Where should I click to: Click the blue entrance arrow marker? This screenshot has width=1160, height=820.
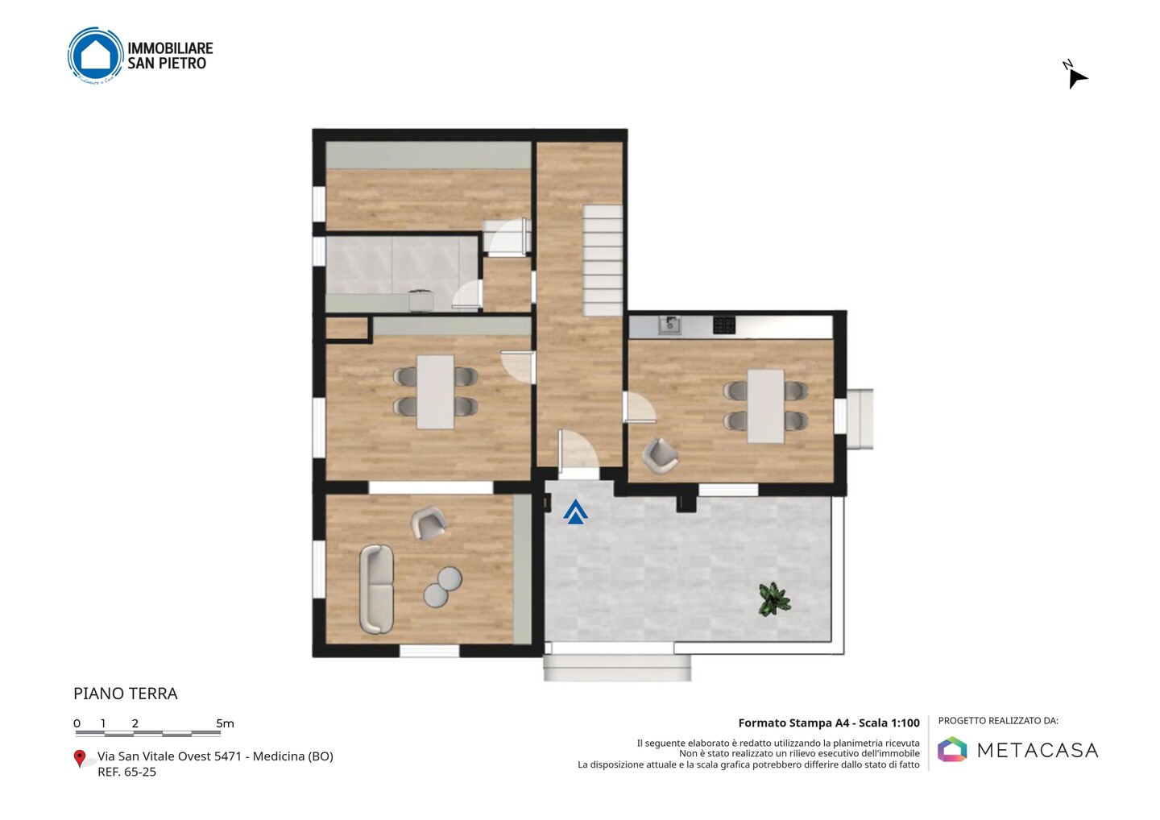575,512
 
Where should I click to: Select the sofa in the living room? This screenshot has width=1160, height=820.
376,589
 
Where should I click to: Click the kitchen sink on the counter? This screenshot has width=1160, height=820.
669,325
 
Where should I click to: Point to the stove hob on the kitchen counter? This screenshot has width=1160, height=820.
723,325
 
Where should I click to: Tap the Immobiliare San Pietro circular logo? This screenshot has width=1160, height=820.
96,56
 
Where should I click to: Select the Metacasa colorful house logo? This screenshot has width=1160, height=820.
952,749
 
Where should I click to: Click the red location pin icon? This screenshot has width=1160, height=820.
79,759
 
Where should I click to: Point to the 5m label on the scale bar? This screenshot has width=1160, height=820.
225,723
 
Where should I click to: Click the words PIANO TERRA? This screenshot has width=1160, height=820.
126,694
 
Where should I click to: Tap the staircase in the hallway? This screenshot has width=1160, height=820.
603,260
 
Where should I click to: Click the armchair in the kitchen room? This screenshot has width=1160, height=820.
660,456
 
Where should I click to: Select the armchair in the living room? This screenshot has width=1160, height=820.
428,523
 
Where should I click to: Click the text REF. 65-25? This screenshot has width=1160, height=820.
127,772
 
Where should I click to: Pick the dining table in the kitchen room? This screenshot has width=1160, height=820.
765,406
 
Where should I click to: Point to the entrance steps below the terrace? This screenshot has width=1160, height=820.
617,668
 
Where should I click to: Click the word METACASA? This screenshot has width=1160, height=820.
1038,750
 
